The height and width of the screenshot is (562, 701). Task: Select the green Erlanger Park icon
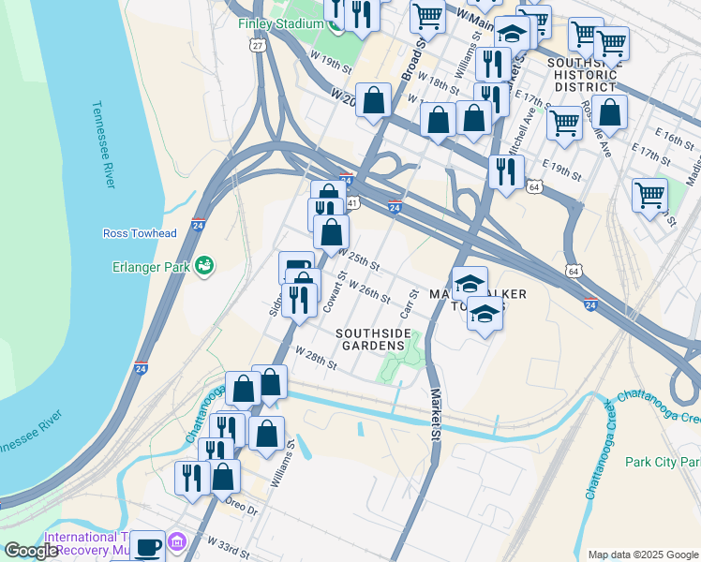tap(203, 267)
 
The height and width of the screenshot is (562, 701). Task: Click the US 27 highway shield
tap(258, 44)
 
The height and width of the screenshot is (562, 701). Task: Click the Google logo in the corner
tap(31, 551)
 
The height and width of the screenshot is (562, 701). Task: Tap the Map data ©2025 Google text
tap(642, 555)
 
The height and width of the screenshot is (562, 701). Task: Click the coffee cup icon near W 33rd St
tap(146, 544)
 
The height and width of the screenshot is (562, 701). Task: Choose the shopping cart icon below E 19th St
tap(649, 195)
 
